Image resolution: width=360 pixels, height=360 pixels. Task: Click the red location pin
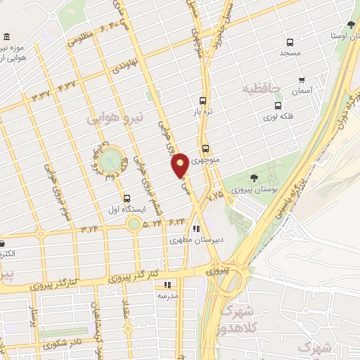point(181,165)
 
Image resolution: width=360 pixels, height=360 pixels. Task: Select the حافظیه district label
point(262,90)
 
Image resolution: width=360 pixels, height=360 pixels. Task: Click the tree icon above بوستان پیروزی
point(253,178)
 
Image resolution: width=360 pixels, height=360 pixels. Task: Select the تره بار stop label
point(203,111)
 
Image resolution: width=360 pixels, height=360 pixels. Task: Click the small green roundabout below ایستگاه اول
point(133,224)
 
